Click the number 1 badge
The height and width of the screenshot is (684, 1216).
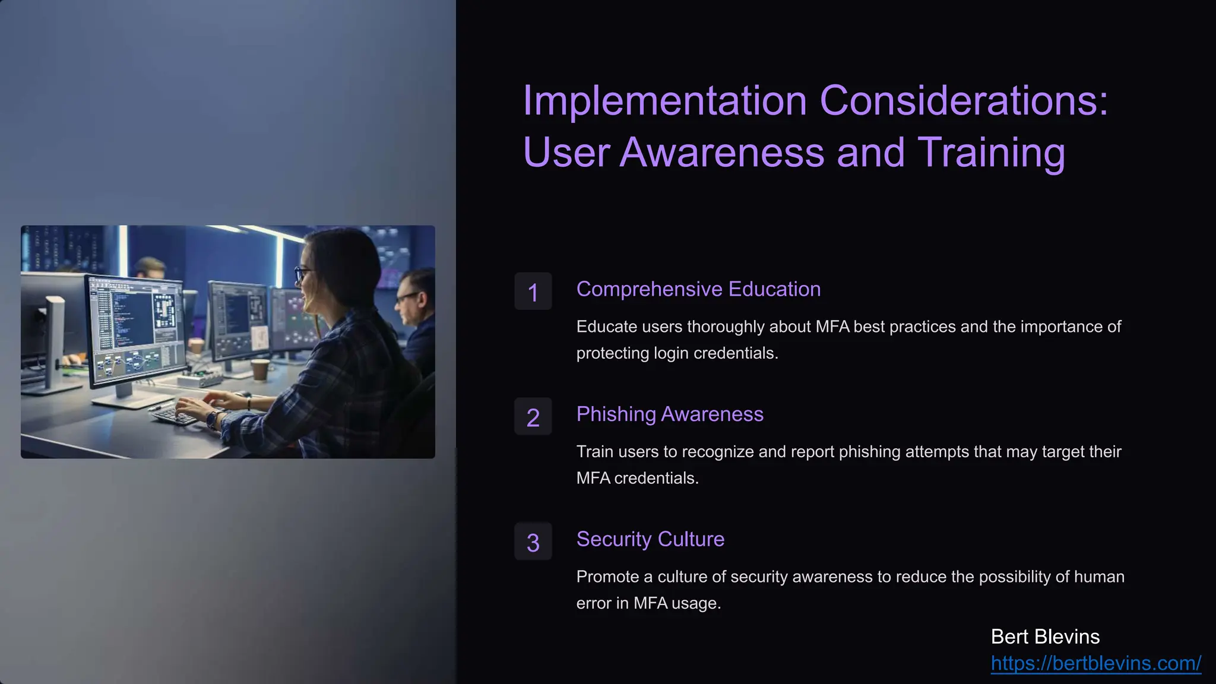coord(533,292)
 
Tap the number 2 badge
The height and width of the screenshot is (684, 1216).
coord(533,417)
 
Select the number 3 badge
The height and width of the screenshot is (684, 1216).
coord(533,541)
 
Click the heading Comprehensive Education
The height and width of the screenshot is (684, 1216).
coord(698,289)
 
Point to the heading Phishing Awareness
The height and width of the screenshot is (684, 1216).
coord(670,414)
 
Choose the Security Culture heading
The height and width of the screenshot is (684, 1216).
coord(650,539)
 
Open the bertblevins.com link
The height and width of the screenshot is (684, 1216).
coord(1095,663)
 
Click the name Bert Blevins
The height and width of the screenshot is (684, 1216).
coord(1045,636)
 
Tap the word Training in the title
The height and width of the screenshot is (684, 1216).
coord(991,152)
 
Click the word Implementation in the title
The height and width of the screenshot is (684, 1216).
coord(664,100)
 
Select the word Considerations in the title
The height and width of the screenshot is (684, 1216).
coord(964,100)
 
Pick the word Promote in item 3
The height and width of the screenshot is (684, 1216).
coord(606,577)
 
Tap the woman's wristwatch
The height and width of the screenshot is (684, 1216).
coord(212,419)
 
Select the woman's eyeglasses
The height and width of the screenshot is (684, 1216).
coord(303,273)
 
